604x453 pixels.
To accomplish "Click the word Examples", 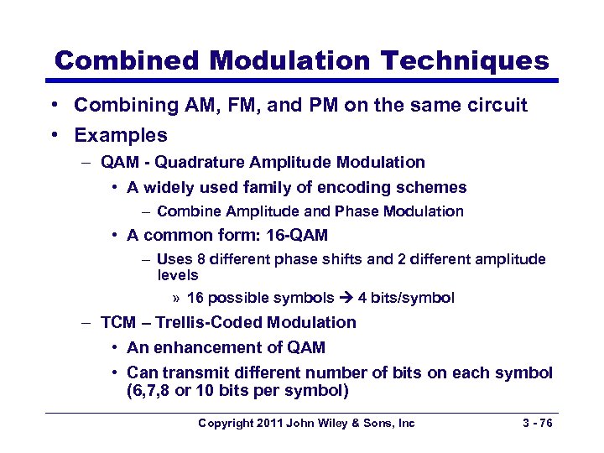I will coord(121,135).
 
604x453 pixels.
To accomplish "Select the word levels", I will coord(178,275).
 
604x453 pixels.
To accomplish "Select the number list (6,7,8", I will coord(159,390).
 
